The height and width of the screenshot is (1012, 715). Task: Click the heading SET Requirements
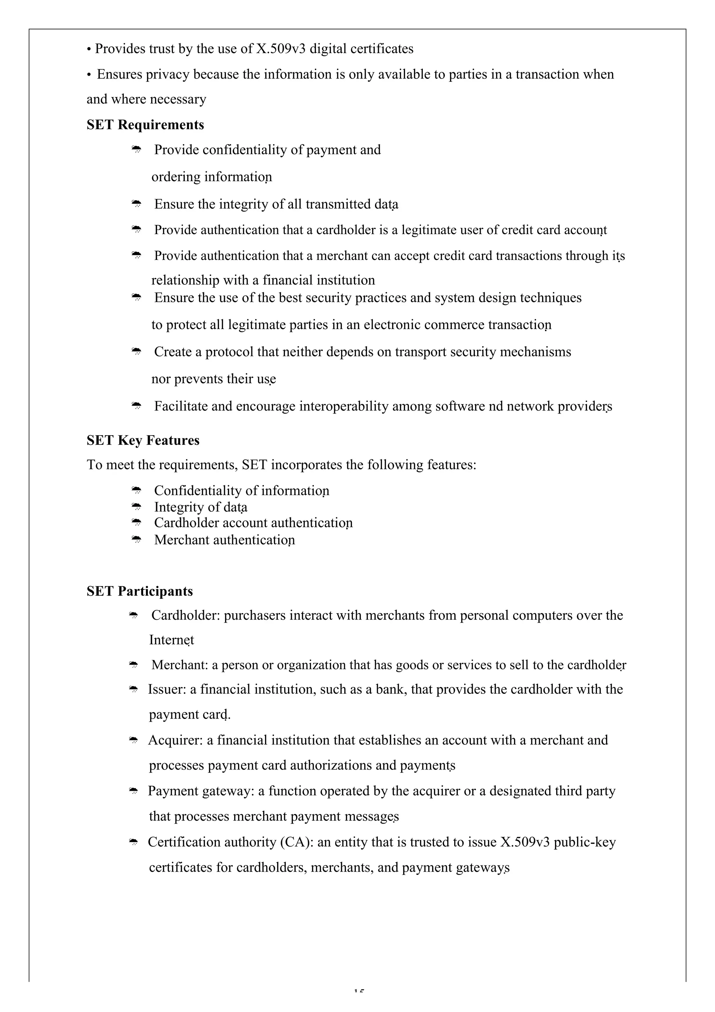[x=145, y=125]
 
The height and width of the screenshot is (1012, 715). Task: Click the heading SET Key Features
[x=143, y=440]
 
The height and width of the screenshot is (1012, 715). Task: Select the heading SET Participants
[x=139, y=591]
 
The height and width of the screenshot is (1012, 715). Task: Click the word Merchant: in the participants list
[x=179, y=665]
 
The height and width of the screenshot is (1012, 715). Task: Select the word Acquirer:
[x=175, y=740]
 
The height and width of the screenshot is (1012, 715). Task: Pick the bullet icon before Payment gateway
[x=133, y=791]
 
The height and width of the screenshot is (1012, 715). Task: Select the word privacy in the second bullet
[x=168, y=74]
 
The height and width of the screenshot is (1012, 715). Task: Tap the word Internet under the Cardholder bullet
[x=171, y=640]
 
